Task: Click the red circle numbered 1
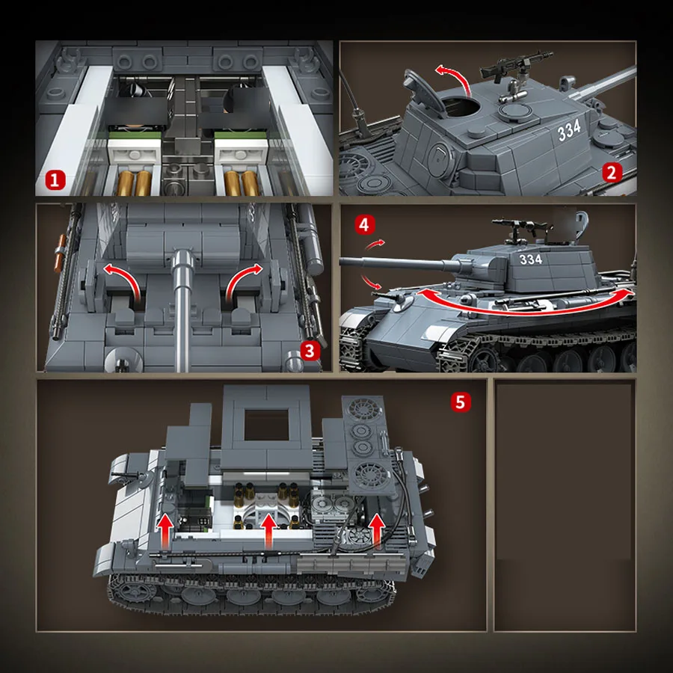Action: tap(55, 179)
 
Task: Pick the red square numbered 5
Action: tap(461, 402)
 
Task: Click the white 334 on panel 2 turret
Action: tap(569, 130)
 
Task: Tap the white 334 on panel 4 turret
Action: tap(529, 259)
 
